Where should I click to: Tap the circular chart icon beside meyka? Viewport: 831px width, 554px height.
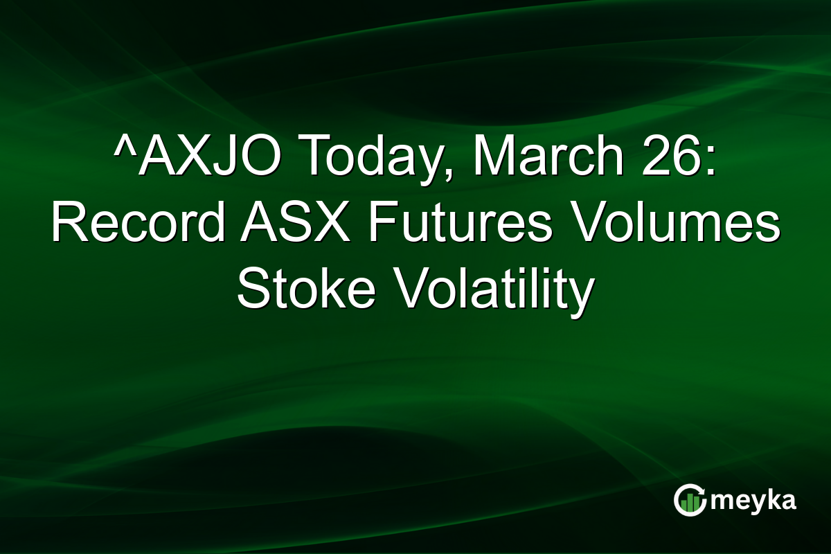[689, 500]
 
